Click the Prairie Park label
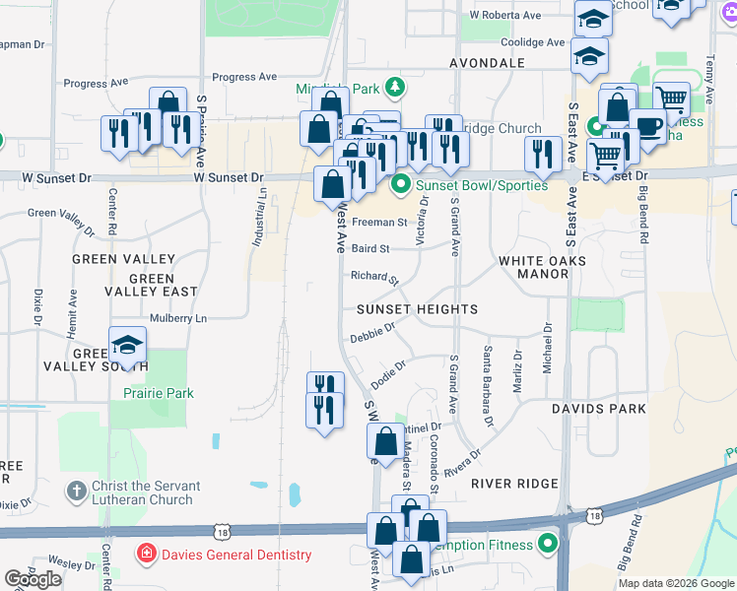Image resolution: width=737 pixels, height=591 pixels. point(158,393)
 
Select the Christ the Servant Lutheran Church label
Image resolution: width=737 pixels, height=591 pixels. point(146,492)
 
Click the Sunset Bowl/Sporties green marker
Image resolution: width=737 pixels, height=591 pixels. point(401,184)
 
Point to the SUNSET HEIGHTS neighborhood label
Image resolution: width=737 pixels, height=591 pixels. point(418,308)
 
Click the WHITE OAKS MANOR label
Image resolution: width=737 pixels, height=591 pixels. point(542,267)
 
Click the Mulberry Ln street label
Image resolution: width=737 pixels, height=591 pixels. point(178,319)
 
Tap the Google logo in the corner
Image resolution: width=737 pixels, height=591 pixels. point(33,579)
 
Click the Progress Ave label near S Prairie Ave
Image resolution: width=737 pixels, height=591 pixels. point(244,77)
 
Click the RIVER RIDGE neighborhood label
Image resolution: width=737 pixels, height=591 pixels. point(514,484)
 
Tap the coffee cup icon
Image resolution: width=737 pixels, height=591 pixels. point(646,125)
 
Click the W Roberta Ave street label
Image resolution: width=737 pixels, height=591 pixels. point(505,16)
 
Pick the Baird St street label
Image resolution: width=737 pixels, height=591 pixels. point(370,248)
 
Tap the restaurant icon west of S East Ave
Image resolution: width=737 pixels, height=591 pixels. point(543,153)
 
